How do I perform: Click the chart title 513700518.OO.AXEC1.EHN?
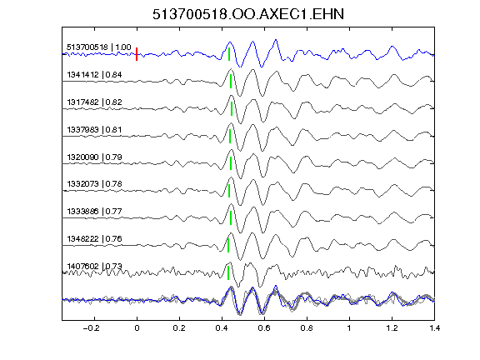click(x=248, y=14)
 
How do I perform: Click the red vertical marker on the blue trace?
click(x=137, y=54)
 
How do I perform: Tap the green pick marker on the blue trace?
click(x=229, y=54)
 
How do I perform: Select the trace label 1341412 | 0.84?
click(x=94, y=75)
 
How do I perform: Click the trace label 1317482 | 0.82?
click(x=94, y=102)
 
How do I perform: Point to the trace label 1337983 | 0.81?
click(x=94, y=129)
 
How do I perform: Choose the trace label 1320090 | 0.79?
click(x=94, y=157)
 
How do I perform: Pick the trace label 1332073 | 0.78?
click(x=94, y=183)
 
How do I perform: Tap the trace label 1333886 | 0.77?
click(x=94, y=211)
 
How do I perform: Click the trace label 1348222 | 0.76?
click(x=94, y=238)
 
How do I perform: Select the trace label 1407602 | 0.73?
click(x=94, y=266)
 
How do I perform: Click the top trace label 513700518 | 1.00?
click(x=99, y=47)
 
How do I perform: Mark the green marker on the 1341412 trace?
click(x=231, y=82)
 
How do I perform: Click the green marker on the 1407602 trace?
click(x=228, y=272)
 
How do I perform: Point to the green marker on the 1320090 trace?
click(x=231, y=163)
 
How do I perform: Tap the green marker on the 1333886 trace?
click(x=231, y=218)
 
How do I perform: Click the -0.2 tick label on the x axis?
click(x=92, y=328)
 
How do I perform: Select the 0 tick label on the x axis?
click(x=137, y=328)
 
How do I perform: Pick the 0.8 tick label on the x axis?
click(x=307, y=328)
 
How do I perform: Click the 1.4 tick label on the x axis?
click(x=434, y=328)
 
